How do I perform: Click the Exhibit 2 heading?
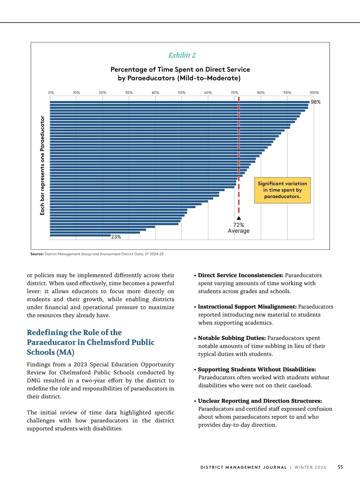[x=182, y=55]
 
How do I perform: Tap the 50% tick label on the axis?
[x=181, y=93]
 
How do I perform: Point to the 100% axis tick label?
[x=314, y=93]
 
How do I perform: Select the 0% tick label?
[x=51, y=93]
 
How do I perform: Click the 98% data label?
[x=316, y=102]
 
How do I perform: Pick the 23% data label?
[x=116, y=237]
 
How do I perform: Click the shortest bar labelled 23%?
[x=80, y=236]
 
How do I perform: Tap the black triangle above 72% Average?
[x=239, y=218]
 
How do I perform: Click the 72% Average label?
[x=239, y=228]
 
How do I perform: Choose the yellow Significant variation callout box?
[x=282, y=190]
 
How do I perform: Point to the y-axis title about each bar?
[x=42, y=165]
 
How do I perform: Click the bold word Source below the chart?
[x=37, y=254]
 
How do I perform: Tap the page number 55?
[x=340, y=467]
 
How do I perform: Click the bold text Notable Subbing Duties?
[x=232, y=338]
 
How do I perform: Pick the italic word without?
[x=320, y=377]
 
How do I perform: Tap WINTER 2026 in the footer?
[x=310, y=467]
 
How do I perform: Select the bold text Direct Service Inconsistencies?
[x=240, y=275]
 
